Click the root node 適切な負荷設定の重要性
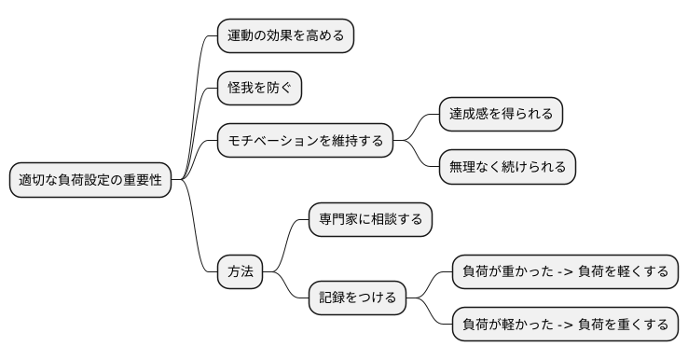[x=90, y=181]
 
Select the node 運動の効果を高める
[x=285, y=36]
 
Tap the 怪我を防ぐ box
[x=259, y=89]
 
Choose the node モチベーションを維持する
[x=304, y=141]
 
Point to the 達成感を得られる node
[x=502, y=114]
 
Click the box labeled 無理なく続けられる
[x=507, y=167]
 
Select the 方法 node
[x=240, y=272]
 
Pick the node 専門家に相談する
[x=371, y=220]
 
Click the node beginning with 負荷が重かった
[x=566, y=272]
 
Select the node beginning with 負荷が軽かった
[x=566, y=325]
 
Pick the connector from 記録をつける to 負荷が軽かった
[x=430, y=313]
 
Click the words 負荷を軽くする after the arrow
[x=623, y=272]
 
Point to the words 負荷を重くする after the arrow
[x=623, y=325]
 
